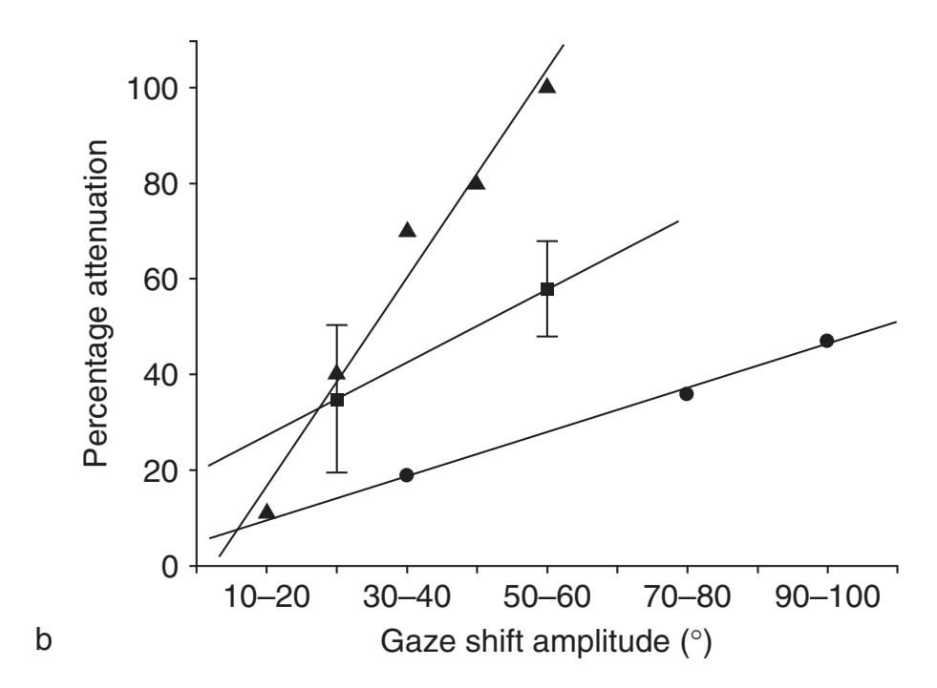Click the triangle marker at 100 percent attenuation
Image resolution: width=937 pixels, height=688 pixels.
click(x=546, y=86)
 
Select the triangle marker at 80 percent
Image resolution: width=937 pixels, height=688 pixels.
click(x=476, y=182)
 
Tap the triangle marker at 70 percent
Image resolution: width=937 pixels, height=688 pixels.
click(x=407, y=230)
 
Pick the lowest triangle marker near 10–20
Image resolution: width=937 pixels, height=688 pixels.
click(x=266, y=511)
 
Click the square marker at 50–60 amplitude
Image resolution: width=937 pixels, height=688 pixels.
click(x=546, y=288)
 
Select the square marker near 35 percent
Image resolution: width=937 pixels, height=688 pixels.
click(x=336, y=400)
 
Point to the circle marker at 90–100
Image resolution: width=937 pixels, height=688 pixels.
click(x=827, y=341)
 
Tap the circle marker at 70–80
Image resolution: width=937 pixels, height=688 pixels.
click(x=686, y=393)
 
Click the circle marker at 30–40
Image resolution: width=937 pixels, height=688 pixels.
click(x=406, y=475)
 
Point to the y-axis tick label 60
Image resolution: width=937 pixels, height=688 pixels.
click(x=159, y=280)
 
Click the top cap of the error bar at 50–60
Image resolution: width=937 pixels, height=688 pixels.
click(x=546, y=241)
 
